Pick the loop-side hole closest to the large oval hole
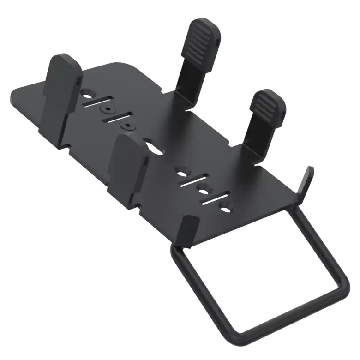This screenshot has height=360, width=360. point(183,174)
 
